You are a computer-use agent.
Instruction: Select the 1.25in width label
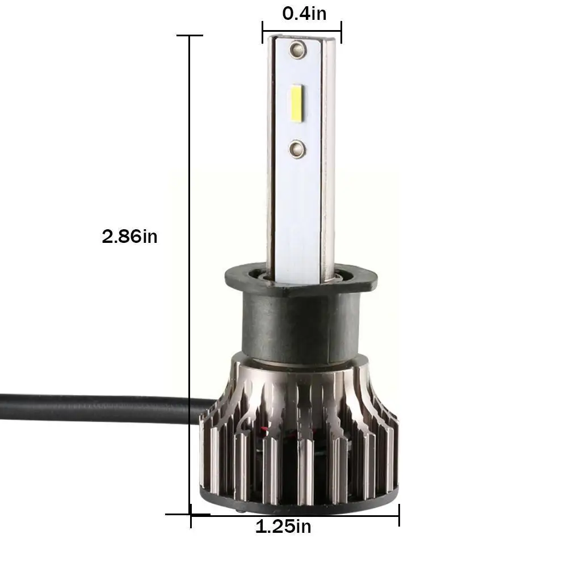(x=283, y=527)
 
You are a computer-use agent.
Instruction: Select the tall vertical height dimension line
(x=190, y=272)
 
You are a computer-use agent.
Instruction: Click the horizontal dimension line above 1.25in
(x=295, y=515)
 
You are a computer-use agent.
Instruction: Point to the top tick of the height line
(x=190, y=36)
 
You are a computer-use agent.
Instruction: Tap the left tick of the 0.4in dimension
(x=263, y=32)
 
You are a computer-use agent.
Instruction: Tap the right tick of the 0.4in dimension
(x=340, y=32)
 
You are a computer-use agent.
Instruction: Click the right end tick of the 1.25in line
(x=399, y=515)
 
